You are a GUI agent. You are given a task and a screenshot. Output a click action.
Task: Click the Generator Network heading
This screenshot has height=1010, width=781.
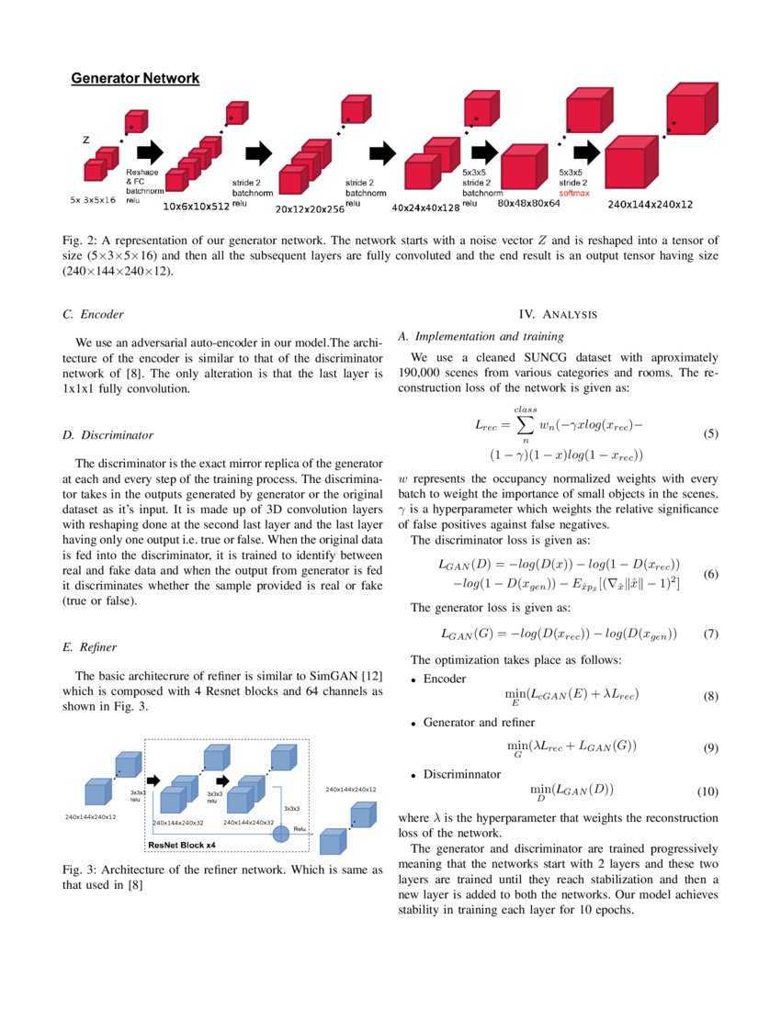[135, 79]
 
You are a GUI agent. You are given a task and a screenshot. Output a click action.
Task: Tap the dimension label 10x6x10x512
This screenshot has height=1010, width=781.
[196, 208]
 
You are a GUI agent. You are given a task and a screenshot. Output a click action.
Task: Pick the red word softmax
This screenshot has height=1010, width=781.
[575, 194]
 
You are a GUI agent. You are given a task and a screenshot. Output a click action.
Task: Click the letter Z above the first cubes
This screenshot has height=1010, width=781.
[86, 141]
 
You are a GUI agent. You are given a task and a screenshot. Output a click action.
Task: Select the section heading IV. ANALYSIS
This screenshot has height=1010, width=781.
[559, 315]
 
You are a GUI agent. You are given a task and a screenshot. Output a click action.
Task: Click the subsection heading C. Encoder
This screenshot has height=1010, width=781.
[93, 314]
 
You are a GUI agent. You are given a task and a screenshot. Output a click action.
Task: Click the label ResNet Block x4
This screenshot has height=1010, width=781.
[182, 844]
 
